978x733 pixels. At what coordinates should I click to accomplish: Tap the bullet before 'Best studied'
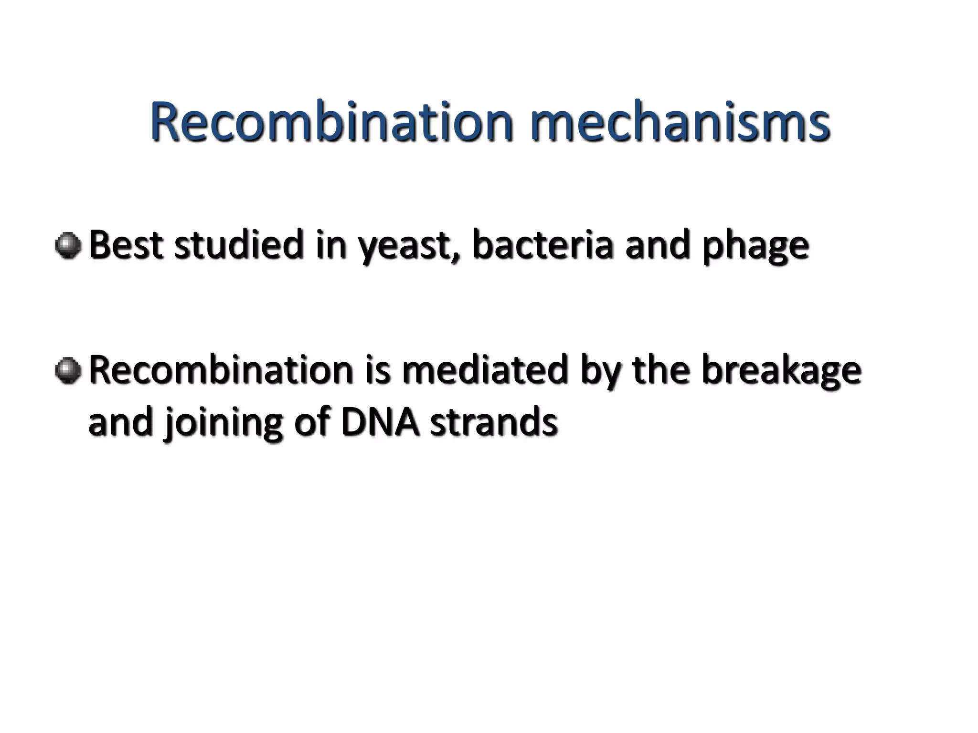pyautogui.click(x=68, y=246)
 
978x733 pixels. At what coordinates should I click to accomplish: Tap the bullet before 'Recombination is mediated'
pyautogui.click(x=68, y=371)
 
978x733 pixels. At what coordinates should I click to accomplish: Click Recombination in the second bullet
pyautogui.click(x=221, y=370)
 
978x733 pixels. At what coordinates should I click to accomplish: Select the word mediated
pyautogui.click(x=485, y=370)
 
